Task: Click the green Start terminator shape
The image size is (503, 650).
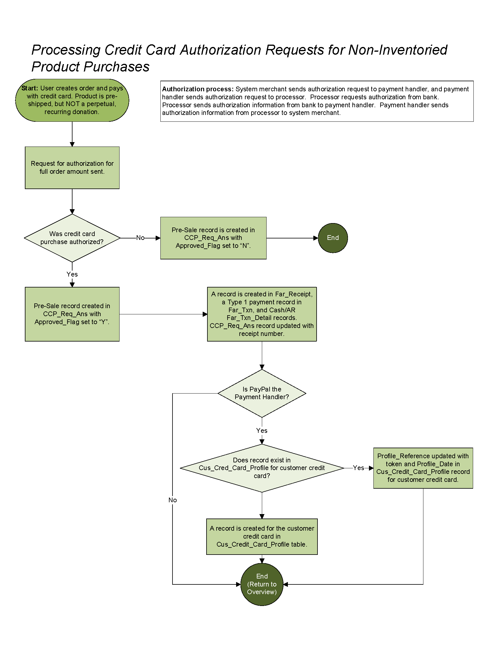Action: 72,100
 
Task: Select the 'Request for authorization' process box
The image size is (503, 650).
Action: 72,168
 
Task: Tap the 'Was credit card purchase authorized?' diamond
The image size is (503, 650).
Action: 72,238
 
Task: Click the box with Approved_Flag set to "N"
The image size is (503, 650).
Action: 213,238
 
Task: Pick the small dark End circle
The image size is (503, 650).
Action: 333,238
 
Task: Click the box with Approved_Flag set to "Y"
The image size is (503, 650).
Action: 72,314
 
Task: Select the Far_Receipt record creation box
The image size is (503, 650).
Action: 262,314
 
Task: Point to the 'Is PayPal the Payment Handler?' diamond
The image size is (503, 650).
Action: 262,393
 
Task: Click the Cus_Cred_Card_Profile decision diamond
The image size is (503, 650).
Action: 262,468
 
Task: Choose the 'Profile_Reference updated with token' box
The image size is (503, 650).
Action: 423,468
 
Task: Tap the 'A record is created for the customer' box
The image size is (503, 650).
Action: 262,536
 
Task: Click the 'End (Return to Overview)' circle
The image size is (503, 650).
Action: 262,584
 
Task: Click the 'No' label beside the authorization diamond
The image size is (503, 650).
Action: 140,238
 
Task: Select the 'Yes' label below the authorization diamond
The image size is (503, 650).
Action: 72,274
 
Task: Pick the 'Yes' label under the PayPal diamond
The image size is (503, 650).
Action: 262,431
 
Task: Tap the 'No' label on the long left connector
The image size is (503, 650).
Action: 172,500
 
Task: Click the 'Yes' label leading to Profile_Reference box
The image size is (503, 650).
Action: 359,468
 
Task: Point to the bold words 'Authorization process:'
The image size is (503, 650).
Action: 198,89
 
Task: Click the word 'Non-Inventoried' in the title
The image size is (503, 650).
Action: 398,50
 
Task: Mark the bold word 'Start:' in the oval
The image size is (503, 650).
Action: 30,88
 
